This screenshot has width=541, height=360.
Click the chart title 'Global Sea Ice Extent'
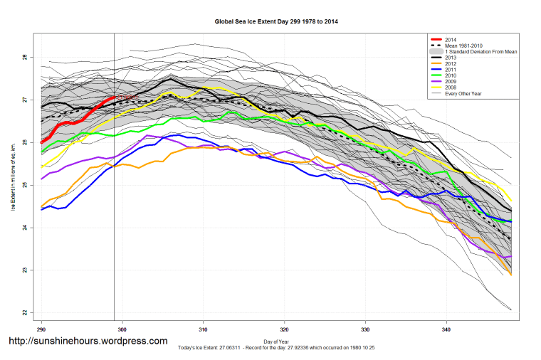coord(276,22)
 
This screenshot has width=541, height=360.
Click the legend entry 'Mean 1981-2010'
coord(462,46)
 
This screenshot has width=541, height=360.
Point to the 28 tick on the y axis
coord(24,58)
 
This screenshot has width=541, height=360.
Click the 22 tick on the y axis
coord(24,313)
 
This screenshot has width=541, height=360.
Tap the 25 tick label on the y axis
coord(24,185)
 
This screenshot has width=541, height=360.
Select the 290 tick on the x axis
coord(41,329)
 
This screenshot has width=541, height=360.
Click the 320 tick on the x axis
coord(284,329)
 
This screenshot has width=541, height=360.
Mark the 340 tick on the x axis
coord(446,329)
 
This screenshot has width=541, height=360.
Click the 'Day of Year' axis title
coord(276,342)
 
